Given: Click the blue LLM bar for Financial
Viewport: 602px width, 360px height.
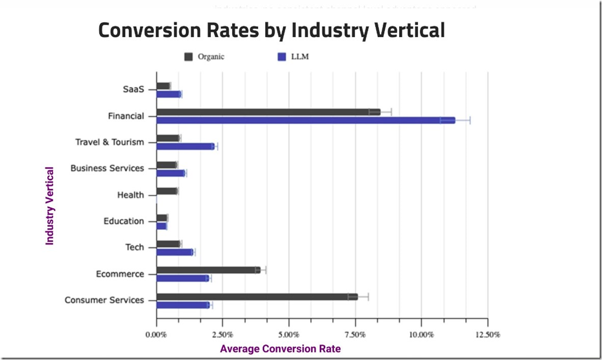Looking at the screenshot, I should click(306, 120).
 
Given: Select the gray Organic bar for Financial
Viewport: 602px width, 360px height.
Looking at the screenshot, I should click(268, 112).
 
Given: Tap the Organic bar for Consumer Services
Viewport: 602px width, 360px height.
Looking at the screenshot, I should click(257, 297).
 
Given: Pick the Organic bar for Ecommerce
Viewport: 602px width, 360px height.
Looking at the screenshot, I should click(208, 270).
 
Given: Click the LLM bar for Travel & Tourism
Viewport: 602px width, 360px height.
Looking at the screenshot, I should click(185, 147).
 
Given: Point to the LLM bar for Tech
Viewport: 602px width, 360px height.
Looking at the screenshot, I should click(175, 252).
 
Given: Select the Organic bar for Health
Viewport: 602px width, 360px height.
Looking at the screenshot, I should click(166, 191).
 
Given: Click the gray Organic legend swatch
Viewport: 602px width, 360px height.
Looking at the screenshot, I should click(188, 56).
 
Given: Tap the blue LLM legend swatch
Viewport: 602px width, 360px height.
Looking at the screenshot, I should click(280, 56).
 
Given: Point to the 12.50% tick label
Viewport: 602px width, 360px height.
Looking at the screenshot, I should click(488, 334).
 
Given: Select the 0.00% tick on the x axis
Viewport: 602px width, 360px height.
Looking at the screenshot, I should click(156, 334).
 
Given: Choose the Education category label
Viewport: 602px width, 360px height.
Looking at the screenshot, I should click(124, 221).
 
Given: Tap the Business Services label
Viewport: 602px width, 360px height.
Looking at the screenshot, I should click(107, 168).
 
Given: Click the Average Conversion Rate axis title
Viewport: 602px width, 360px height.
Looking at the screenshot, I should click(280, 349).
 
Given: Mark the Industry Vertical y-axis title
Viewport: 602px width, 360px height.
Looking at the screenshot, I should click(50, 205).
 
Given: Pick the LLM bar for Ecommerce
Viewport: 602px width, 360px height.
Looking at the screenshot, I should click(183, 278).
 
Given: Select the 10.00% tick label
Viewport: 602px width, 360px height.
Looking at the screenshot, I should click(422, 334).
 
